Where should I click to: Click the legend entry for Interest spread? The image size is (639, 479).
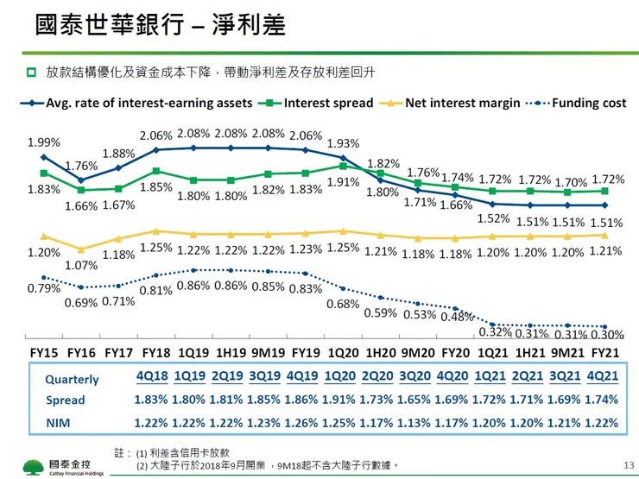point(328,103)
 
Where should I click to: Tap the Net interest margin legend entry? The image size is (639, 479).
point(462,103)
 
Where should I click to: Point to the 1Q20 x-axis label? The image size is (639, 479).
point(344,353)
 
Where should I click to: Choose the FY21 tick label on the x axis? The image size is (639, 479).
point(605,353)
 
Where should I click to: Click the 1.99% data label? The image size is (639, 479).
point(43,142)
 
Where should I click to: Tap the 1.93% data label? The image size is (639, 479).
point(344,143)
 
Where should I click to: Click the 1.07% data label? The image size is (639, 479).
point(81,266)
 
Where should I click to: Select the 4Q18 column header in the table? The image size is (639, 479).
point(151,377)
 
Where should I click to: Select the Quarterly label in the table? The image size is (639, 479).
point(72,379)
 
